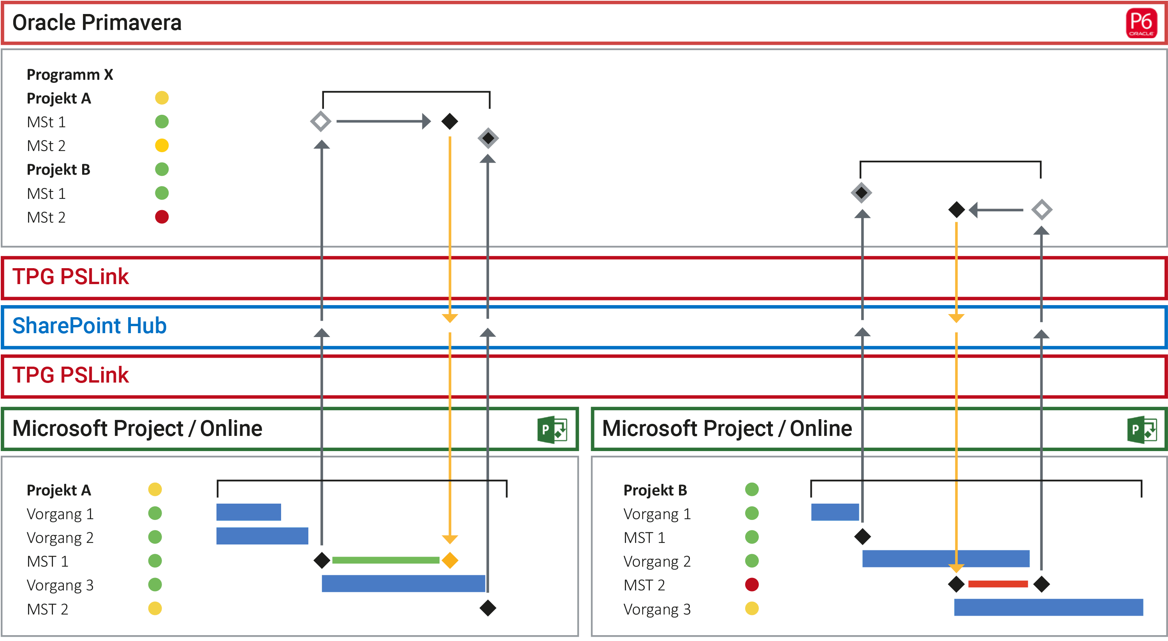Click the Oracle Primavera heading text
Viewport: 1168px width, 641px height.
97,23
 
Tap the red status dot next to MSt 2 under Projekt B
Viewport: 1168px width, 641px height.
162,217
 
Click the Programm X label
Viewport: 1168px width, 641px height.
70,74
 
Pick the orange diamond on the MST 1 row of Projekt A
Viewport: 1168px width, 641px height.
450,560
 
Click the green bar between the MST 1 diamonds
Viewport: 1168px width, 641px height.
385,560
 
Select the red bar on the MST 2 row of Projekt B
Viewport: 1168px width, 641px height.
997,584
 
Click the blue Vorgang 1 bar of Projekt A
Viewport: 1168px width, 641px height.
248,512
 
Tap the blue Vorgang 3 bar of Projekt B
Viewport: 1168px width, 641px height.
1048,608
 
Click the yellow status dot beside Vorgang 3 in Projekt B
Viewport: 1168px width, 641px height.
752,608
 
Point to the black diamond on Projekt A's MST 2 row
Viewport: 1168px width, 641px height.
488,608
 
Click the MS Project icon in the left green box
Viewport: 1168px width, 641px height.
552,429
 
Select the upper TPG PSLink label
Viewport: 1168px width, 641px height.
70,277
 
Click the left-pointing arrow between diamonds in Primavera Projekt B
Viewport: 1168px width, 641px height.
995,210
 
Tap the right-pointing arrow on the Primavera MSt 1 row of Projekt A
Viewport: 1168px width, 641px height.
383,121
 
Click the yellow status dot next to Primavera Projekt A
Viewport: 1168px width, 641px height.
162,98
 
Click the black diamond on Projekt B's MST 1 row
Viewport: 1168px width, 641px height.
862,537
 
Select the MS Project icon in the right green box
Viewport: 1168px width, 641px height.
1142,429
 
